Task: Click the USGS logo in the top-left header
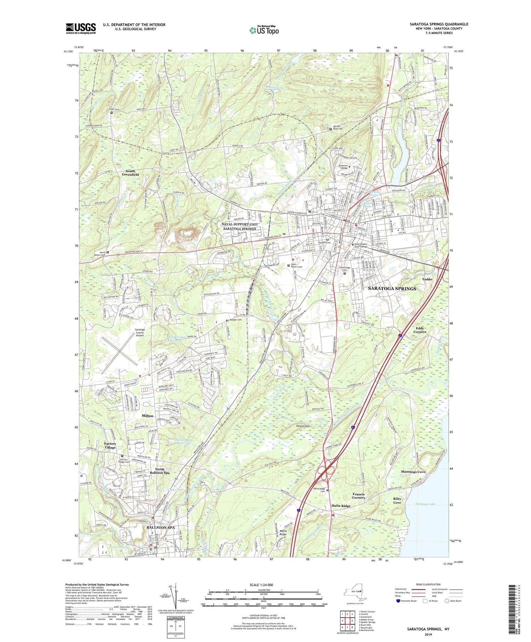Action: [81, 28]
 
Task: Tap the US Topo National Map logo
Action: [264, 30]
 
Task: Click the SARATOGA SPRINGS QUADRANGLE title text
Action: [439, 24]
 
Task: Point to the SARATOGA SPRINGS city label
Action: [392, 289]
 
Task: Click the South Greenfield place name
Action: [130, 173]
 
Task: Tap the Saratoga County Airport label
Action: [140, 332]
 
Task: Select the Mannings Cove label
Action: [413, 472]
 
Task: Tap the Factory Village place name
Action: [110, 445]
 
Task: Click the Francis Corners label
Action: [359, 496]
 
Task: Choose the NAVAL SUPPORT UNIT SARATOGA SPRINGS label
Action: [239, 227]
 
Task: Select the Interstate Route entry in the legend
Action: [407, 601]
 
